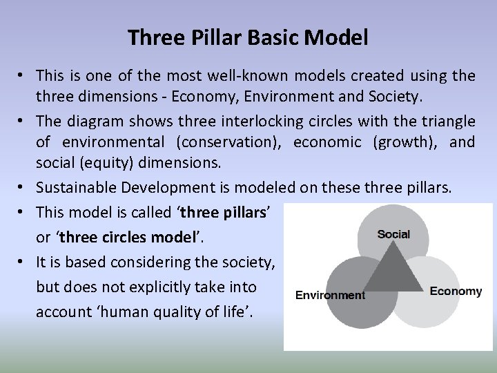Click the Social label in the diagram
393,233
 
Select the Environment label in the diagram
330,296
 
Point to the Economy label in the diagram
456,291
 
